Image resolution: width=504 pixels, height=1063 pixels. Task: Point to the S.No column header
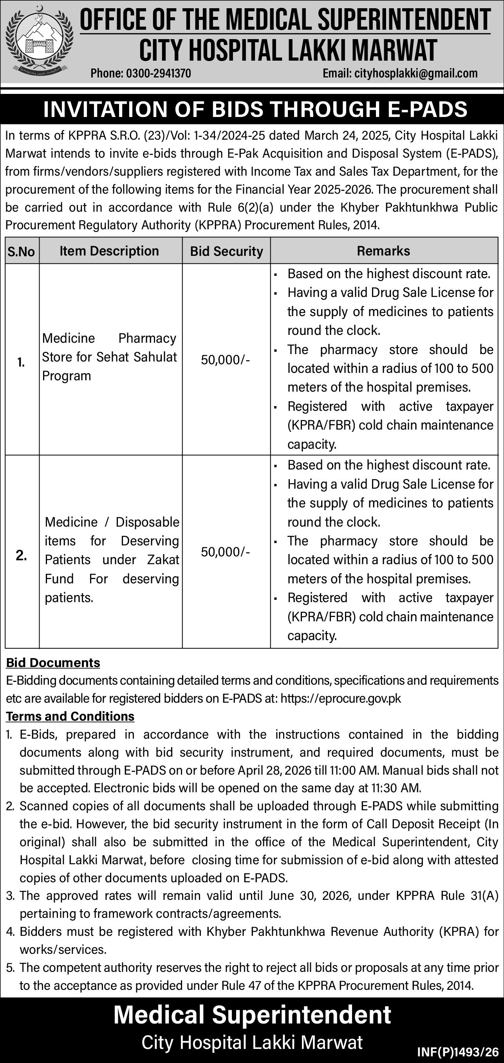click(21, 251)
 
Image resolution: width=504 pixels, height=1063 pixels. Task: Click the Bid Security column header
click(226, 251)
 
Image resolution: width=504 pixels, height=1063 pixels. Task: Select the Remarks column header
click(383, 251)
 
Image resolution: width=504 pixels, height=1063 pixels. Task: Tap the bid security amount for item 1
click(225, 360)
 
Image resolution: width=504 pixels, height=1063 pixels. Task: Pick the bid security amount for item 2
click(225, 552)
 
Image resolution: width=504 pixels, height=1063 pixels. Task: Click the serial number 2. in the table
click(21, 556)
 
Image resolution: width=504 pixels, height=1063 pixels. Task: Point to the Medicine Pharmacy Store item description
click(109, 357)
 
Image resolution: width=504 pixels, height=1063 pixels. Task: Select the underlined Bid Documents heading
click(53, 663)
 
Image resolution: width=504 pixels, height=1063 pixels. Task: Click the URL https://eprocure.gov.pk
click(340, 698)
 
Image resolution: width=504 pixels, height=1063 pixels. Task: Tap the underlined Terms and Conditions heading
click(70, 716)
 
